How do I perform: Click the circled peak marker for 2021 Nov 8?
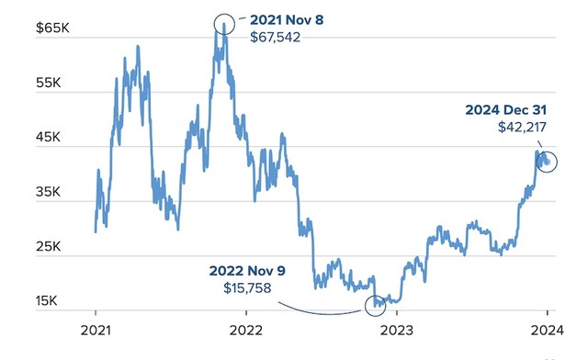click(x=223, y=23)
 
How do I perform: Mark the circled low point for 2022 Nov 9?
click(x=375, y=305)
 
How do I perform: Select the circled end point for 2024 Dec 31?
click(x=546, y=161)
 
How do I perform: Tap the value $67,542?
click(x=275, y=39)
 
